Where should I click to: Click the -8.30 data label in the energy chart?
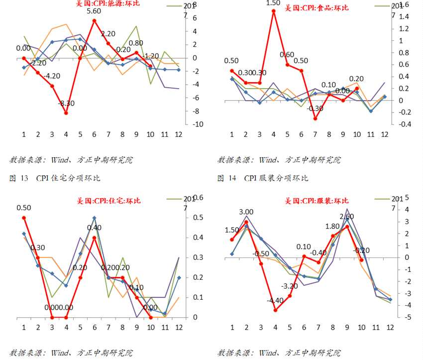click(66, 104)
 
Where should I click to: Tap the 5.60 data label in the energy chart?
click(95, 11)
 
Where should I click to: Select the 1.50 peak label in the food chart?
click(273, 3)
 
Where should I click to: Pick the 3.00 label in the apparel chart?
click(246, 212)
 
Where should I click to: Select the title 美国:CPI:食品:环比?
click(316, 8)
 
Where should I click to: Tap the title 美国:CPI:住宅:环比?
click(108, 201)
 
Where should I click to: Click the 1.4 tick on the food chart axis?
click(403, 16)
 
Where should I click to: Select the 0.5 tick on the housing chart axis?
click(198, 218)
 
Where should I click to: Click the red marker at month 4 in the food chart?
click(273, 10)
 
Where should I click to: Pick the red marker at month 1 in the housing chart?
click(23, 218)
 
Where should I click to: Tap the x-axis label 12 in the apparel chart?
click(390, 328)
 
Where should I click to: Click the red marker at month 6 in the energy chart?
click(94, 20)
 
